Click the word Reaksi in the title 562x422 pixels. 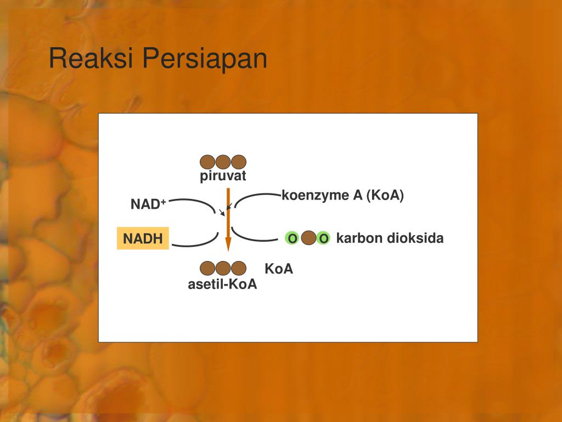(x=91, y=59)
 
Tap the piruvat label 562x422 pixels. (x=223, y=176)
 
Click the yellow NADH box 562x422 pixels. (x=143, y=238)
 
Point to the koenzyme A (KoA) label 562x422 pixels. (x=342, y=196)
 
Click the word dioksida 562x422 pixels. (x=415, y=238)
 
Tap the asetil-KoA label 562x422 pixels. (x=222, y=285)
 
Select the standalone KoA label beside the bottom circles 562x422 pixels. (x=279, y=269)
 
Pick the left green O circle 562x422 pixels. (x=293, y=238)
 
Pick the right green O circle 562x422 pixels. (x=324, y=238)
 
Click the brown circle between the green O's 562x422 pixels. (x=308, y=238)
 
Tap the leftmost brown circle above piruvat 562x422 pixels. (x=207, y=162)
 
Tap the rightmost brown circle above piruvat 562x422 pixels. (x=238, y=162)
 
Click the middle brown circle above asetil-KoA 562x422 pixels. (x=223, y=268)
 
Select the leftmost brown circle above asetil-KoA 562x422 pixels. (x=207, y=268)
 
